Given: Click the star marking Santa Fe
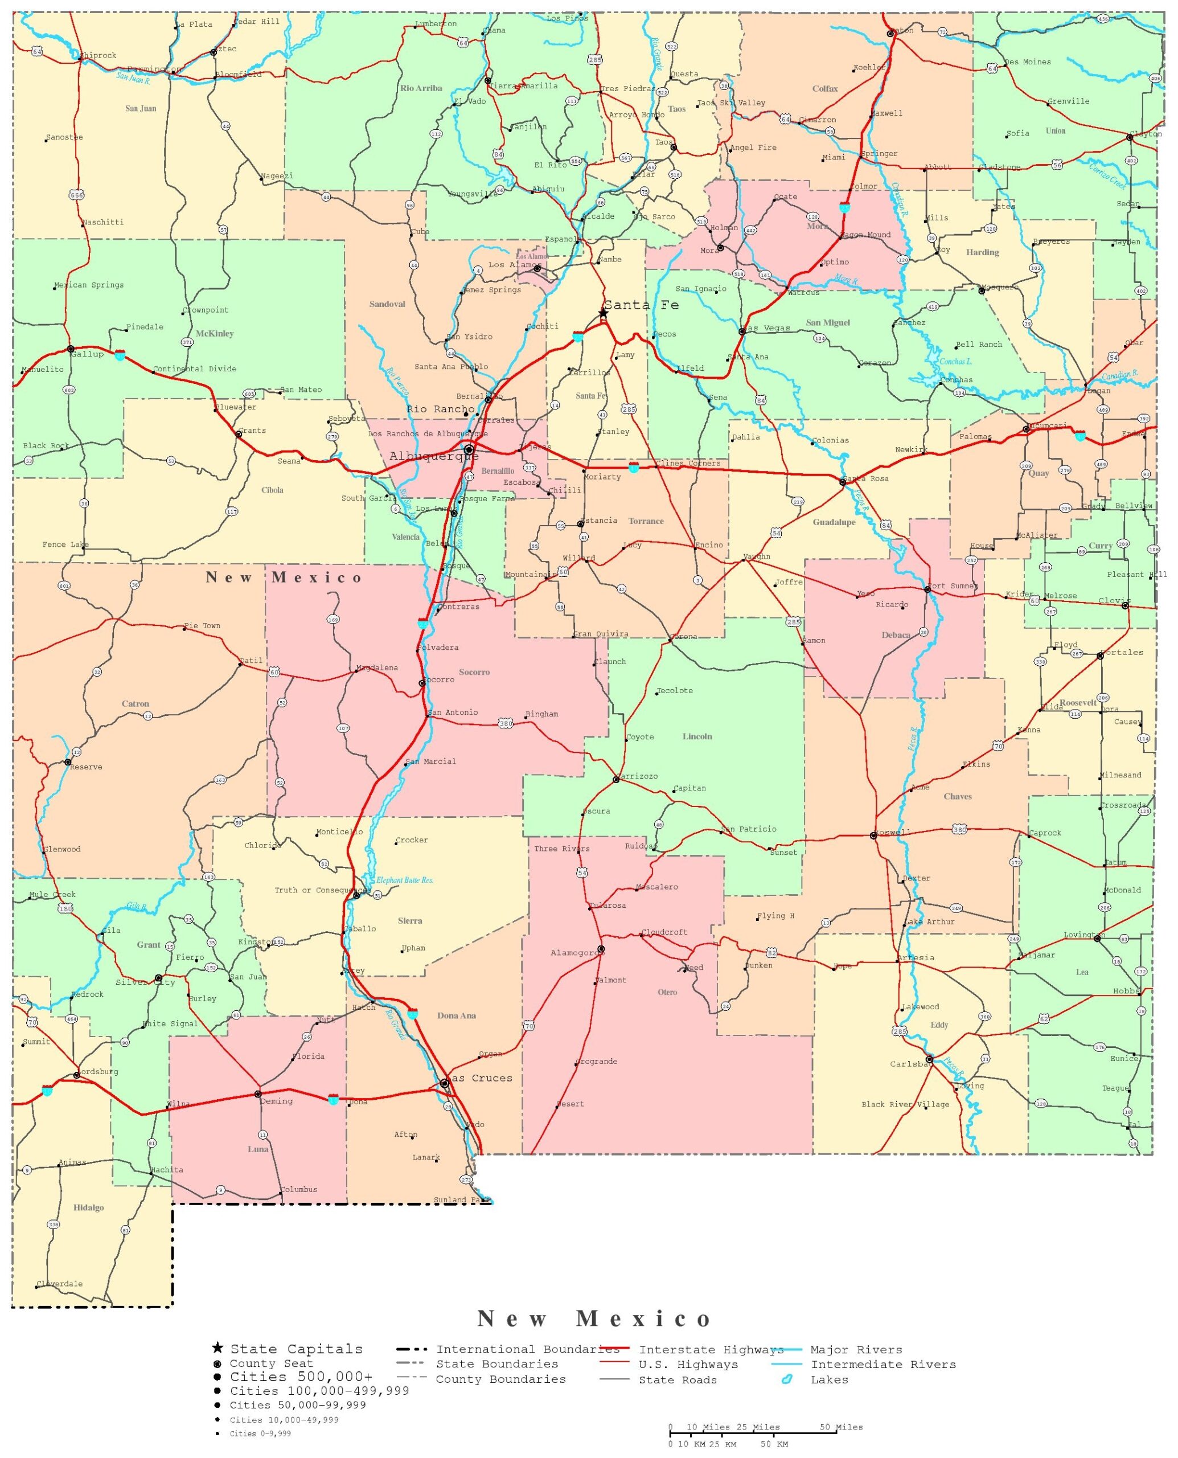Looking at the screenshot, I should coord(602,313).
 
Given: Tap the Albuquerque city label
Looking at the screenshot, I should coord(434,456).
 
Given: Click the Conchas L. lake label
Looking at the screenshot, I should coord(955,362).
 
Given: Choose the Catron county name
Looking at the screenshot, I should coord(135,704).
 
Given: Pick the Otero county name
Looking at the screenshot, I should coord(667,992).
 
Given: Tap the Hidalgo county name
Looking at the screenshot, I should coord(88,1207).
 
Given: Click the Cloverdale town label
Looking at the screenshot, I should coord(60,1284).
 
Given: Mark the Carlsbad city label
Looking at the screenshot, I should coord(909,1064).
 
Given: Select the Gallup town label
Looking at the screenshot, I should coord(88,354).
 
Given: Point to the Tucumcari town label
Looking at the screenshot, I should coord(1048,425).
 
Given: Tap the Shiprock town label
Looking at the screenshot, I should coord(99,56).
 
